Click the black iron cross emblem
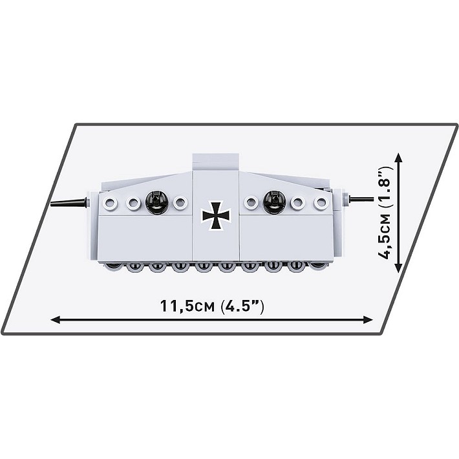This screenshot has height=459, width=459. [217, 215]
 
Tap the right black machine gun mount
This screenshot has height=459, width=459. [275, 202]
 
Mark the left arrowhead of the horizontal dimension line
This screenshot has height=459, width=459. [55, 319]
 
